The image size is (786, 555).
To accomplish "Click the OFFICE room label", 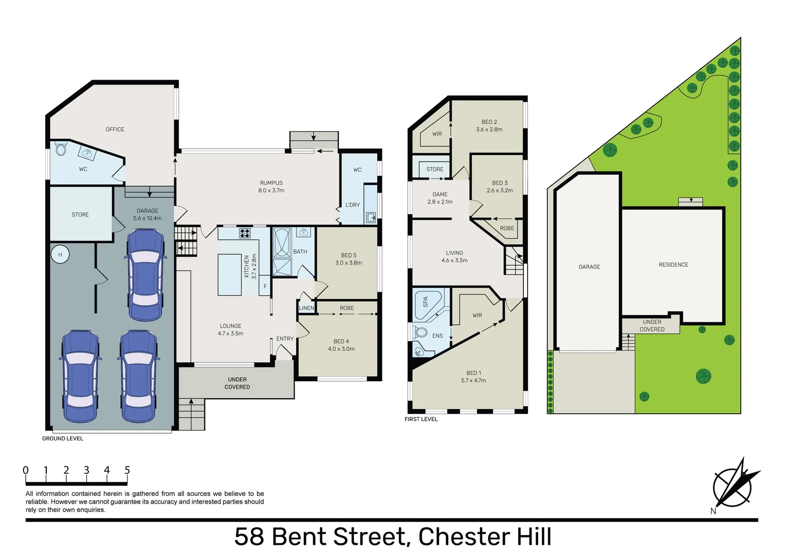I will click(x=115, y=129).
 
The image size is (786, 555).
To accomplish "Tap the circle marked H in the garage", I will click(x=60, y=254).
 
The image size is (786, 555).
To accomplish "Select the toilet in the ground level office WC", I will click(x=61, y=150).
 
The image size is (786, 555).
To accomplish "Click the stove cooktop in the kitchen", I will click(x=245, y=233).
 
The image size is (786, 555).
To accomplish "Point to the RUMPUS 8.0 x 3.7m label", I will click(x=271, y=187).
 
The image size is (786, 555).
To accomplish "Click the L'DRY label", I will click(x=353, y=205).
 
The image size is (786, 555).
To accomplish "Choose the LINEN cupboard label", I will click(x=306, y=308).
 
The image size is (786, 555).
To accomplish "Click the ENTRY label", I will click(x=285, y=339).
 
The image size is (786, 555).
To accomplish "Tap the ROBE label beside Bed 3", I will click(x=507, y=228).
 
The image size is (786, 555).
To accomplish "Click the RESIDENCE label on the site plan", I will click(x=673, y=265).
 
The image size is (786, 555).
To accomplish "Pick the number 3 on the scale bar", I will click(x=86, y=470).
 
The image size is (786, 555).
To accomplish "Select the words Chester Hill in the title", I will click(x=484, y=537).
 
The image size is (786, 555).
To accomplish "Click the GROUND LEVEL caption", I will click(x=63, y=438).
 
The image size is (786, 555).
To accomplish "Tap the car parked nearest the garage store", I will click(x=147, y=274).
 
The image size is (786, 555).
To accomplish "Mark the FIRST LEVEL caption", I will click(x=421, y=419).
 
